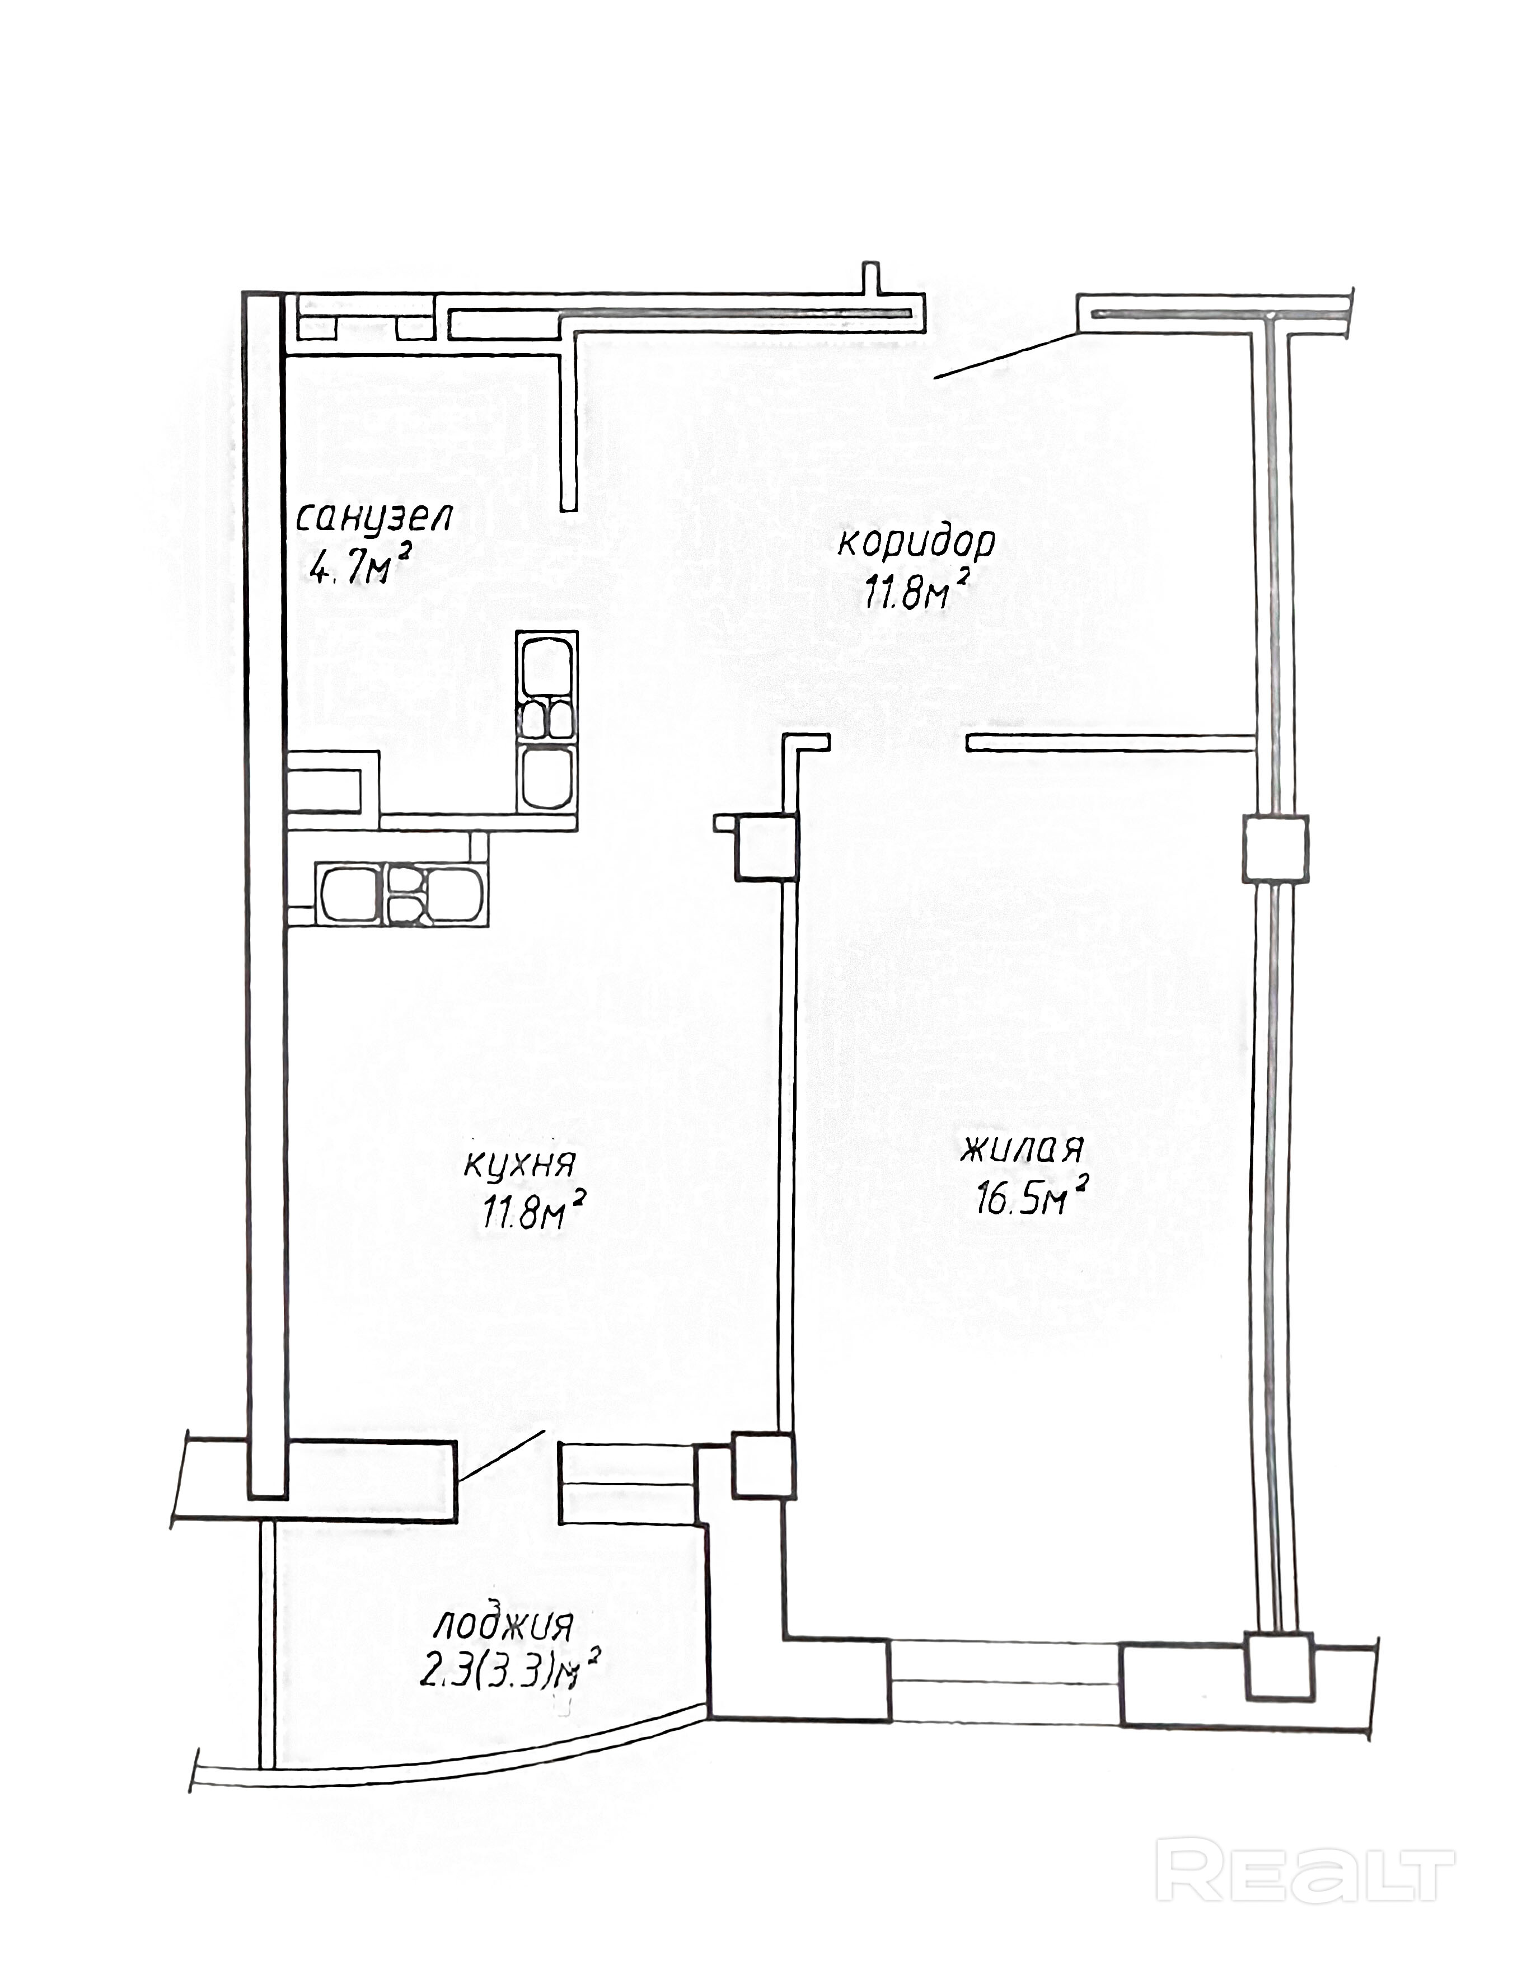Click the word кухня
pos(520,1164)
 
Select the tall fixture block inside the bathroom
pos(547,720)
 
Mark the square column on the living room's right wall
pos(1275,848)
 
